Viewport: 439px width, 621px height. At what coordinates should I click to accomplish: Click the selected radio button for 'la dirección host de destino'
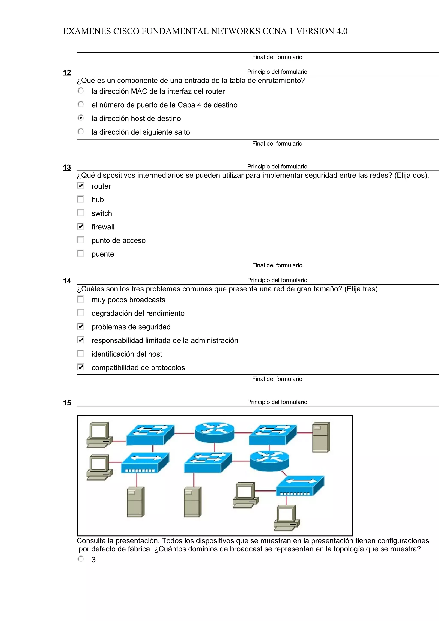click(81, 118)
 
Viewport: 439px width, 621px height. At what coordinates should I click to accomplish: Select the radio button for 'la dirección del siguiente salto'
click(81, 131)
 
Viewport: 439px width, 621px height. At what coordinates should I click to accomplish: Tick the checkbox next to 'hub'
click(80, 199)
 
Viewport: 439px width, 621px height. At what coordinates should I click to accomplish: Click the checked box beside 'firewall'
click(80, 226)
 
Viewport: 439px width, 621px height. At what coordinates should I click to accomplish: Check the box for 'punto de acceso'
click(80, 240)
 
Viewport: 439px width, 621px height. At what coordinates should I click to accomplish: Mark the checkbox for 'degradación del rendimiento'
click(80, 313)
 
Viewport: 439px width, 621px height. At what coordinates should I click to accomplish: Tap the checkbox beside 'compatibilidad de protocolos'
click(80, 367)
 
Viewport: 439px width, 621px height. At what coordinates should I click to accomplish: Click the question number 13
click(67, 167)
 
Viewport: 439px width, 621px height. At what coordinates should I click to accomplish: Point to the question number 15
click(67, 403)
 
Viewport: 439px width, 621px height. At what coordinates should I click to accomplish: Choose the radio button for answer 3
click(81, 559)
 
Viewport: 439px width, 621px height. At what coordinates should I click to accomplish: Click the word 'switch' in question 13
click(102, 213)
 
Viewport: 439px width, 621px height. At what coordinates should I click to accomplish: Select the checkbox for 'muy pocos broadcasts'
click(80, 299)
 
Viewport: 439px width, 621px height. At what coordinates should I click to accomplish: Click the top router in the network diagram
click(215, 432)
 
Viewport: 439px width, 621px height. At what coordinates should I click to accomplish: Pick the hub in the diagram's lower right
click(300, 486)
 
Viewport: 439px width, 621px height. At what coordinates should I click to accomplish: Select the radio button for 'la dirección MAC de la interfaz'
click(81, 91)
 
